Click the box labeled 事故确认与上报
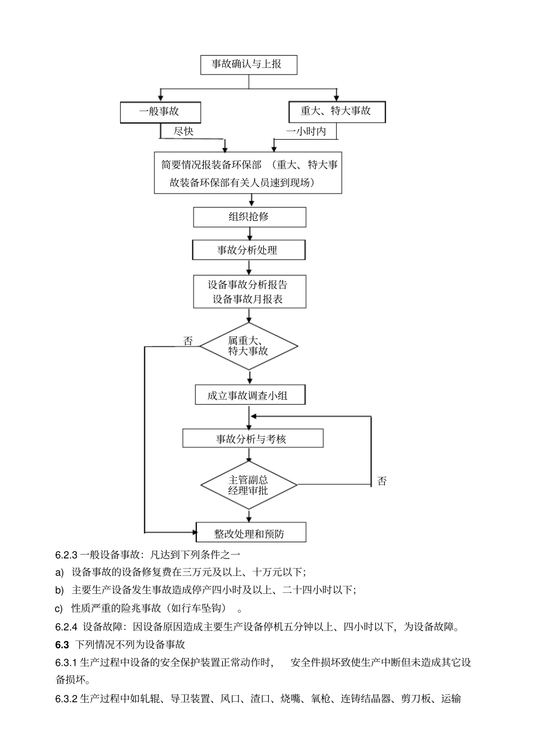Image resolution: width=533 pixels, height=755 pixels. [249, 65]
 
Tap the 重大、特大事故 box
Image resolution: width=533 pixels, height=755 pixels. [336, 111]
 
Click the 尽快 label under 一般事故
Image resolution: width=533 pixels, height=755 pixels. [183, 131]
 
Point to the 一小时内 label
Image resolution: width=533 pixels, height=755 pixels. [306, 131]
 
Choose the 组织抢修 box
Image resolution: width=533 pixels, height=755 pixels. [249, 217]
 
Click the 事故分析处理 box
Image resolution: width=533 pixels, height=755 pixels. [249, 250]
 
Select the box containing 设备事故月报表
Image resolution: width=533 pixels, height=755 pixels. [249, 291]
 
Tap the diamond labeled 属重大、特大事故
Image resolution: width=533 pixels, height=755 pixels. [249, 346]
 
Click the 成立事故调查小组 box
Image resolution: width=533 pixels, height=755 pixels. [249, 395]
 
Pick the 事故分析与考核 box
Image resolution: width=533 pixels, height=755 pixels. [252, 438]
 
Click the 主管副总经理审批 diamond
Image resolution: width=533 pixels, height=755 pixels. [249, 485]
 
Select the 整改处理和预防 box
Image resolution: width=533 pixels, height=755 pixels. [251, 533]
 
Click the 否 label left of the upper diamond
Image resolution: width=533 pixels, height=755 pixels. [188, 341]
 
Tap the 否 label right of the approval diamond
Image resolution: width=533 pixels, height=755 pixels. [382, 481]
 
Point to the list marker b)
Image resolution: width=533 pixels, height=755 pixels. [59, 590]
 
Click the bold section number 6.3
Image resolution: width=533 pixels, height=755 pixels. [62, 644]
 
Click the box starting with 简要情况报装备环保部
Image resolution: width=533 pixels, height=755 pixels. [248, 173]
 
